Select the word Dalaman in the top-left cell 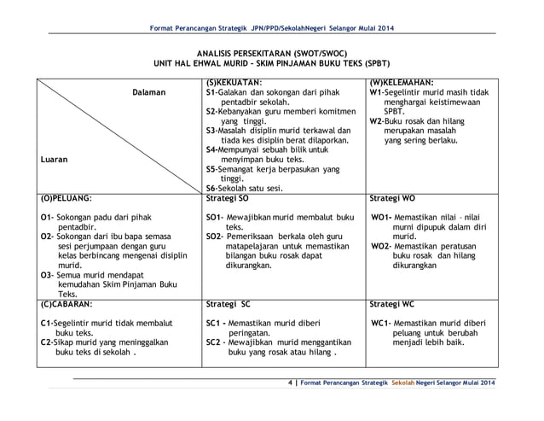[148, 92]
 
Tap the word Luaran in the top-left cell [54, 158]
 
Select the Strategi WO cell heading [393, 196]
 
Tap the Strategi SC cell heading [228, 302]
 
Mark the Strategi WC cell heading [393, 302]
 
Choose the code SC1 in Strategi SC [215, 324]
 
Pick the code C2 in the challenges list [47, 340]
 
